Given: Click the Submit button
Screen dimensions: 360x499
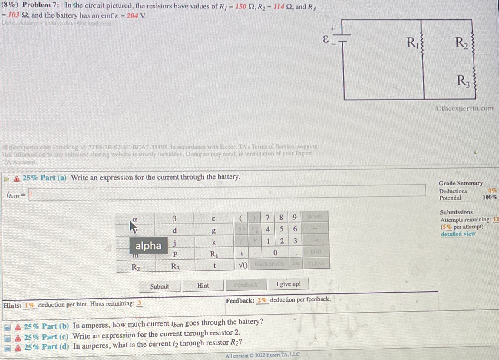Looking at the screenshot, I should click(x=160, y=286).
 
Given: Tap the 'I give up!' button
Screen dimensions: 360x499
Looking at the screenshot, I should click(x=288, y=284).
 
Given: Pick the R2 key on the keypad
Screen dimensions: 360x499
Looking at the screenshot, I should click(x=136, y=267).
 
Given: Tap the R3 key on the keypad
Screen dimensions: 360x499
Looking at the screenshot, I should click(x=175, y=267).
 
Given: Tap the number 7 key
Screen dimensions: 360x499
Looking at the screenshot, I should click(x=267, y=218).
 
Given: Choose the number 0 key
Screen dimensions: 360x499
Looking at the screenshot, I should click(x=275, y=253).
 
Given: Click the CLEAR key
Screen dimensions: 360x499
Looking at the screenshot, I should click(x=316, y=264).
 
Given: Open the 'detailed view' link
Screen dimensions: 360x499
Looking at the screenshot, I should click(x=458, y=234).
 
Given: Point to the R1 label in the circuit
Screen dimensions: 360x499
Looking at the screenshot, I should click(x=412, y=43).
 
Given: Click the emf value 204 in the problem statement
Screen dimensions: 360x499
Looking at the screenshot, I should click(x=132, y=15).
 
